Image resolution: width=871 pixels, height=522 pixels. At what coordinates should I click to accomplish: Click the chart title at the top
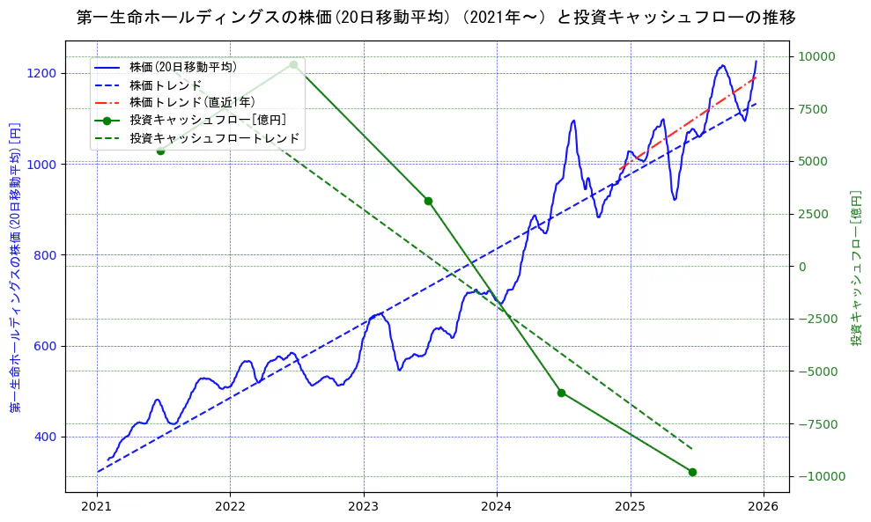(x=436, y=18)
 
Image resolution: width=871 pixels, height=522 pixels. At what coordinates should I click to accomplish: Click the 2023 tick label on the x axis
(x=363, y=507)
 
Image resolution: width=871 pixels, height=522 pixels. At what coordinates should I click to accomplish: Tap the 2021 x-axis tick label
(x=97, y=507)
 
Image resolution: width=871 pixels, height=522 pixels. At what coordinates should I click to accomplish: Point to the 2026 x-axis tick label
(x=763, y=507)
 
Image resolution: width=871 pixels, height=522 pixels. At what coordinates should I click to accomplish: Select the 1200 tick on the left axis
(x=44, y=73)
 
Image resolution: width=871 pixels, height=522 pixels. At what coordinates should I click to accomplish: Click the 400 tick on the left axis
(x=48, y=437)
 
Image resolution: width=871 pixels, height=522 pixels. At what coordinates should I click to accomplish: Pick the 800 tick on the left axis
(x=48, y=255)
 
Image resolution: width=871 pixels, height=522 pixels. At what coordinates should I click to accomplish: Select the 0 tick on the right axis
(x=801, y=267)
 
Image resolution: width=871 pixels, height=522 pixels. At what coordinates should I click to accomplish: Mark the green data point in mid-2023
(x=428, y=201)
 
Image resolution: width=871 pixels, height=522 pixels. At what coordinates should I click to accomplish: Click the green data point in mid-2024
(x=561, y=393)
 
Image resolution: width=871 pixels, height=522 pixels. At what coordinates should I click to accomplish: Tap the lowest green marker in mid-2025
(x=692, y=472)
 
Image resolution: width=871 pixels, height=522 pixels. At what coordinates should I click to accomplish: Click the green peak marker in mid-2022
(x=293, y=64)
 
